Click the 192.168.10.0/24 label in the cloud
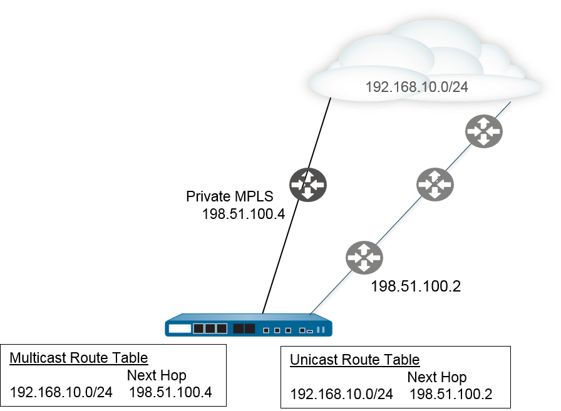pyautogui.click(x=416, y=87)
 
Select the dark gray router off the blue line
pyautogui.click(x=308, y=185)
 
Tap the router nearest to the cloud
pyautogui.click(x=484, y=131)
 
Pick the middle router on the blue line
pyautogui.click(x=435, y=185)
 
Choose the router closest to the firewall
pyautogui.click(x=364, y=258)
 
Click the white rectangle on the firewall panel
pyautogui.click(x=180, y=328)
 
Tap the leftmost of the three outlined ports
pyautogui.click(x=198, y=328)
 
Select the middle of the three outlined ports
pyautogui.click(x=210, y=328)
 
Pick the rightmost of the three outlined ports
pyautogui.click(x=221, y=328)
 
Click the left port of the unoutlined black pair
pyautogui.click(x=239, y=328)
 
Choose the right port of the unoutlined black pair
pyautogui.click(x=250, y=328)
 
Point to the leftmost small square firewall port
pyautogui.click(x=266, y=330)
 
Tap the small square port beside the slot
pyautogui.click(x=302, y=330)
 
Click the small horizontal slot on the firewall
pyautogui.click(x=309, y=331)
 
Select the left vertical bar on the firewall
pyautogui.click(x=319, y=329)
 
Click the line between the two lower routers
pyautogui.click(x=399, y=221)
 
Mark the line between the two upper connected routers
pyautogui.click(x=460, y=158)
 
